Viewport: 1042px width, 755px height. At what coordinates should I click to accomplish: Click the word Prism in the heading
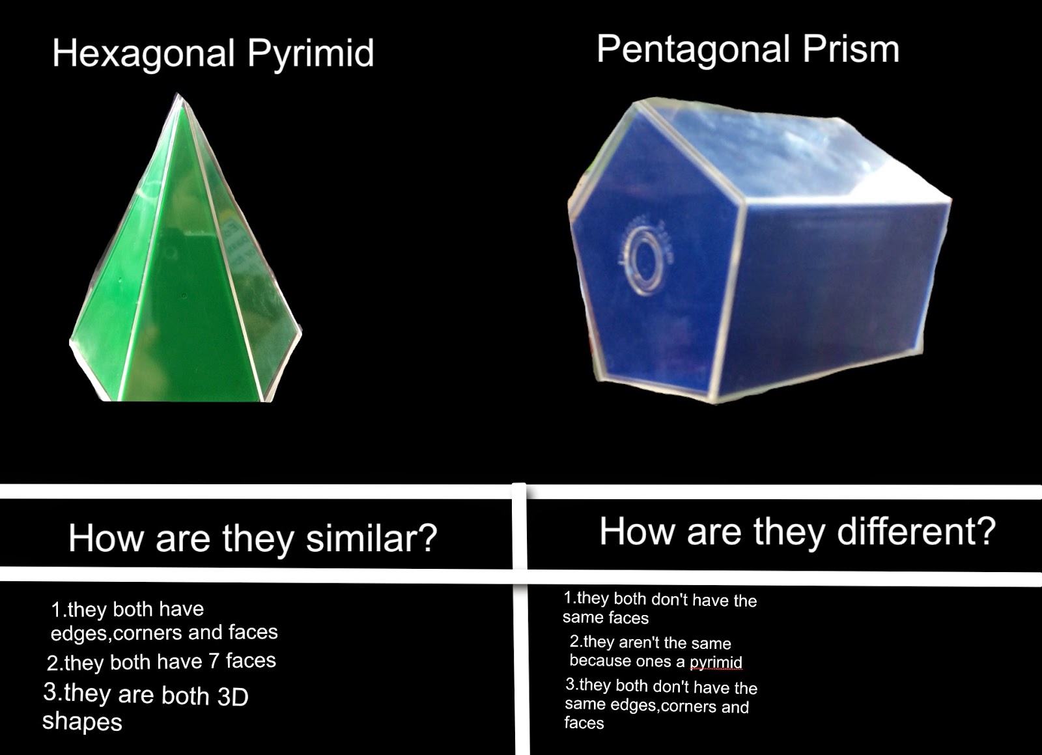851,49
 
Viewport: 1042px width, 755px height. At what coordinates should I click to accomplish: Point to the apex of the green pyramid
178,94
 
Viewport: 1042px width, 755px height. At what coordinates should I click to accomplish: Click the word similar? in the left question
372,538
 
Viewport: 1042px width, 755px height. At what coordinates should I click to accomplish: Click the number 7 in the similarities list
214,661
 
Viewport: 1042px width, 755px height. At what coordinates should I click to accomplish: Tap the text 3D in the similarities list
233,696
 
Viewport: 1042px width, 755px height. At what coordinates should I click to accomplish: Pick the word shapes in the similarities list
82,722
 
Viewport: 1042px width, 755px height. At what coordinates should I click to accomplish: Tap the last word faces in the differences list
584,722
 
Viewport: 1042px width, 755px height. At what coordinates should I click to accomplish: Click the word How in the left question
106,538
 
